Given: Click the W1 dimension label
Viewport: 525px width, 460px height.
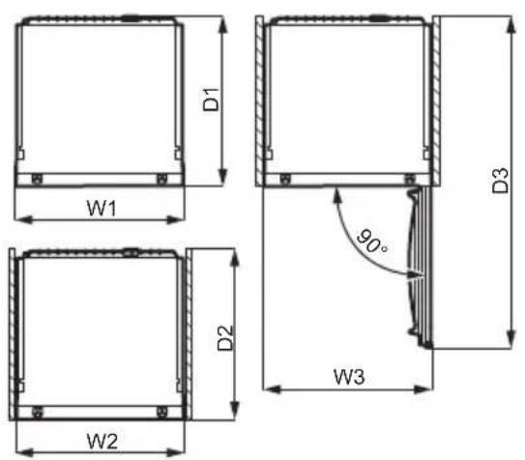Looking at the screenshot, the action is point(102,208).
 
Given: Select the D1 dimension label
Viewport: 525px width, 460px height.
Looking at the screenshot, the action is point(212,100).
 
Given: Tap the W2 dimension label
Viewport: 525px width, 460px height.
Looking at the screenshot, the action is point(102,442).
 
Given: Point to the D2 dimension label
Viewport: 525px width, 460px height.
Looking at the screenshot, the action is point(225,338).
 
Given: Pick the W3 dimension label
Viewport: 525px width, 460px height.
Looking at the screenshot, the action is point(349,377).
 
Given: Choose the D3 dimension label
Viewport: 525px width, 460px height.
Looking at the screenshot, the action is point(500,181).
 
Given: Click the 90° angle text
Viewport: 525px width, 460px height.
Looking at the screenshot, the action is point(371,242).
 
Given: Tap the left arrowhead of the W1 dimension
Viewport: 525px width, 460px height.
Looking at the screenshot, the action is point(24,219).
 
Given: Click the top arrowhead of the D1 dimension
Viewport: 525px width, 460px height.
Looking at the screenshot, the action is point(223,24).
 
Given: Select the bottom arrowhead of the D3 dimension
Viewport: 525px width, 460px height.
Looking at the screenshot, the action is point(510,339).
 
